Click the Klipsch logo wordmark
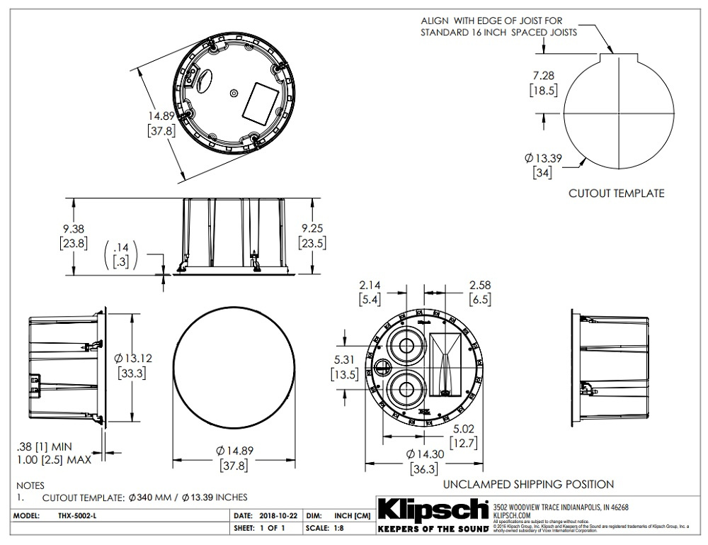click(x=433, y=510)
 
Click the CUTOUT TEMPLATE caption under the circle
click(x=617, y=193)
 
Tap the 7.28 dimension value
click(x=543, y=75)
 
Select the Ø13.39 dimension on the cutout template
click(x=543, y=157)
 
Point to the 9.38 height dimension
click(x=74, y=228)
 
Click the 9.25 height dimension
click(x=312, y=228)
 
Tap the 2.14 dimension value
click(x=369, y=286)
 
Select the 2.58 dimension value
click(x=480, y=286)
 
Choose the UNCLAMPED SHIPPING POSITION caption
click(x=528, y=484)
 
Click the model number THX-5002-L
click(x=74, y=515)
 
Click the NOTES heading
click(x=30, y=485)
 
